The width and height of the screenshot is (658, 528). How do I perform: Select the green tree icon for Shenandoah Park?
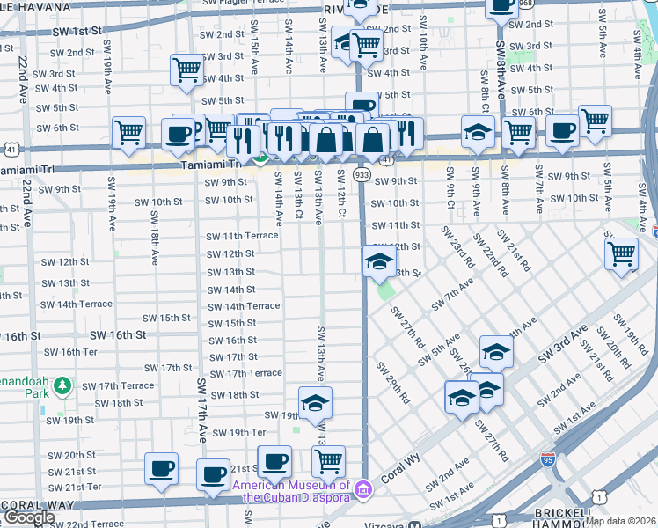[62, 385]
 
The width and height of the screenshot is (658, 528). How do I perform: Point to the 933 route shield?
[362, 175]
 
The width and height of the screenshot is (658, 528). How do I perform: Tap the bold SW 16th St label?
[117, 335]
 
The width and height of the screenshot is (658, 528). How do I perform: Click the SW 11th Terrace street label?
[242, 236]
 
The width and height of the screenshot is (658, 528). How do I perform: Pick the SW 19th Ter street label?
[236, 432]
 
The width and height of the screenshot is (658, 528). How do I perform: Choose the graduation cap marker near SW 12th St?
[379, 261]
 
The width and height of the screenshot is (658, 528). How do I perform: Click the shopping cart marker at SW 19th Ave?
[129, 134]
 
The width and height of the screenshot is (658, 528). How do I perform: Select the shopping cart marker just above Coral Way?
[328, 460]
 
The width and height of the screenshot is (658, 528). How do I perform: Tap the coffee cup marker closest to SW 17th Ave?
[213, 474]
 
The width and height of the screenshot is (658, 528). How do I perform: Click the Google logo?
[28, 517]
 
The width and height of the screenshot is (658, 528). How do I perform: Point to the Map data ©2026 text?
[621, 521]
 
